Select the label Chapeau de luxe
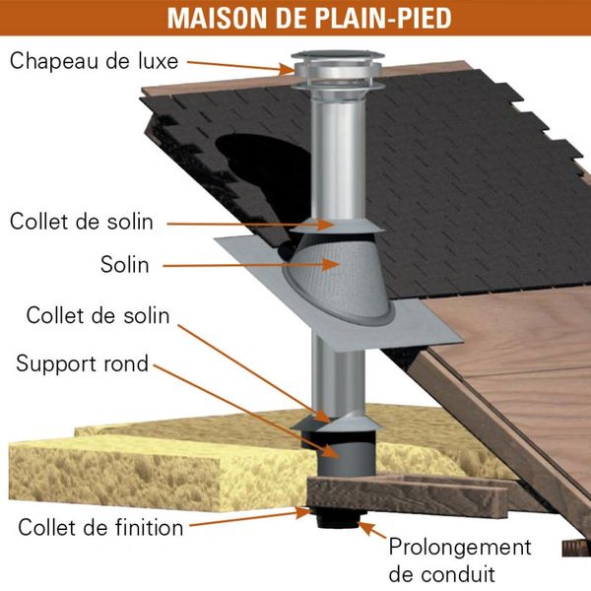[x=94, y=61]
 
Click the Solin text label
[x=125, y=265]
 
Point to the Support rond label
[x=82, y=364]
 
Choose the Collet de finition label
[x=100, y=527]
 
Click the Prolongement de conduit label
[x=460, y=560]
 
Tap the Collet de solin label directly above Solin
[x=82, y=222]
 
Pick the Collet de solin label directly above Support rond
[x=98, y=315]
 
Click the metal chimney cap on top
[x=337, y=70]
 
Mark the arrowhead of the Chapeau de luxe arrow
[x=288, y=69]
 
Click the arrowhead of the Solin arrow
[x=331, y=264]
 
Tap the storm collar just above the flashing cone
[x=338, y=226]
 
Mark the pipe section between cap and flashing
[x=338, y=155]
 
